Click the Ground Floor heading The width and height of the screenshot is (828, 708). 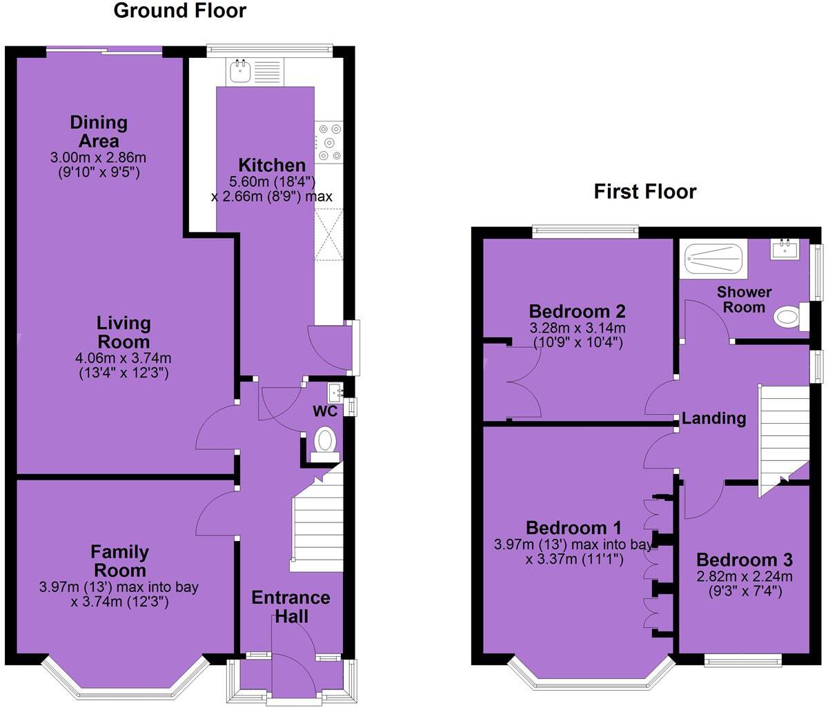179,11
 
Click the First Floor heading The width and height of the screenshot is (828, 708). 644,191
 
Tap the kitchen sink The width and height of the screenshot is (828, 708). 241,70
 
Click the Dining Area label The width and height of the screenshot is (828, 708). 99,131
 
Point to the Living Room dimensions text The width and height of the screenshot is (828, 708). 124,366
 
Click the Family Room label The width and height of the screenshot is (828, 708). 119,561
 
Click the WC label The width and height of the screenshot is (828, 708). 325,411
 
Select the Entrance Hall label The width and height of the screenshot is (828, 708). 290,607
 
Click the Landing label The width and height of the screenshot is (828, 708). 714,418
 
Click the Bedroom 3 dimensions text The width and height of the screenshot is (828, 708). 743,584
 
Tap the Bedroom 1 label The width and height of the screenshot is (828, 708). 573,528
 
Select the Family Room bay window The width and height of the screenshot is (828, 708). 124,680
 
